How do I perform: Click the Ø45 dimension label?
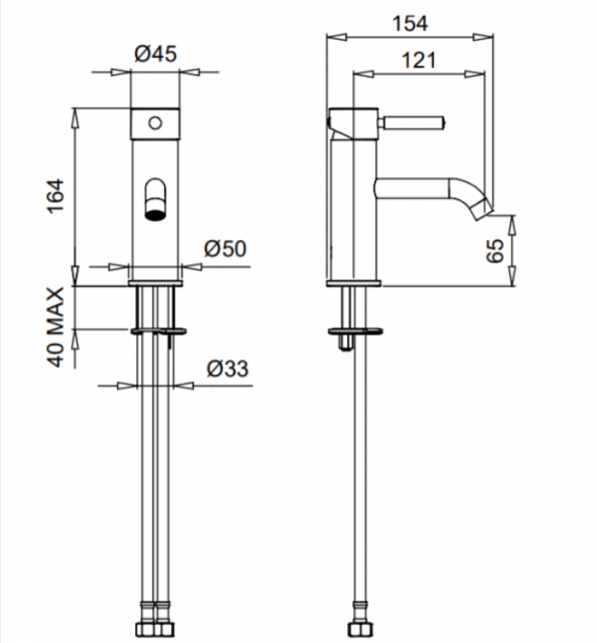[156, 54]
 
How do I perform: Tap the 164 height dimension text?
[56, 196]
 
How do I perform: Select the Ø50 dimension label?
[225, 248]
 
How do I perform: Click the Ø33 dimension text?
[228, 368]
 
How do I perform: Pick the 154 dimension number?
[410, 23]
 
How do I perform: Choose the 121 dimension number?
[418, 60]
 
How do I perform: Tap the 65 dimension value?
[494, 251]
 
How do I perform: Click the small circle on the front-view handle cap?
[155, 122]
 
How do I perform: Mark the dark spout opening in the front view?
[155, 215]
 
